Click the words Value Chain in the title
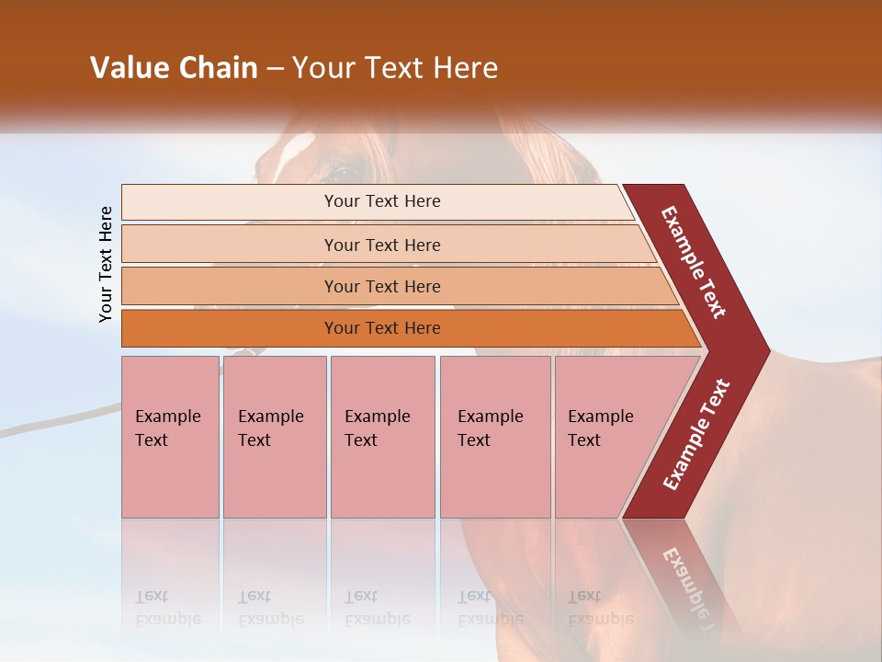(174, 68)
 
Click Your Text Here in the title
(395, 68)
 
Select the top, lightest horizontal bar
(381, 201)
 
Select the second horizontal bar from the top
(381, 245)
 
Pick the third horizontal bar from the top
(381, 286)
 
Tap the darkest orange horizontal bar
(381, 328)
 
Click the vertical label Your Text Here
(107, 264)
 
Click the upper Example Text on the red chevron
(694, 262)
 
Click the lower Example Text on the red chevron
(696, 434)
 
